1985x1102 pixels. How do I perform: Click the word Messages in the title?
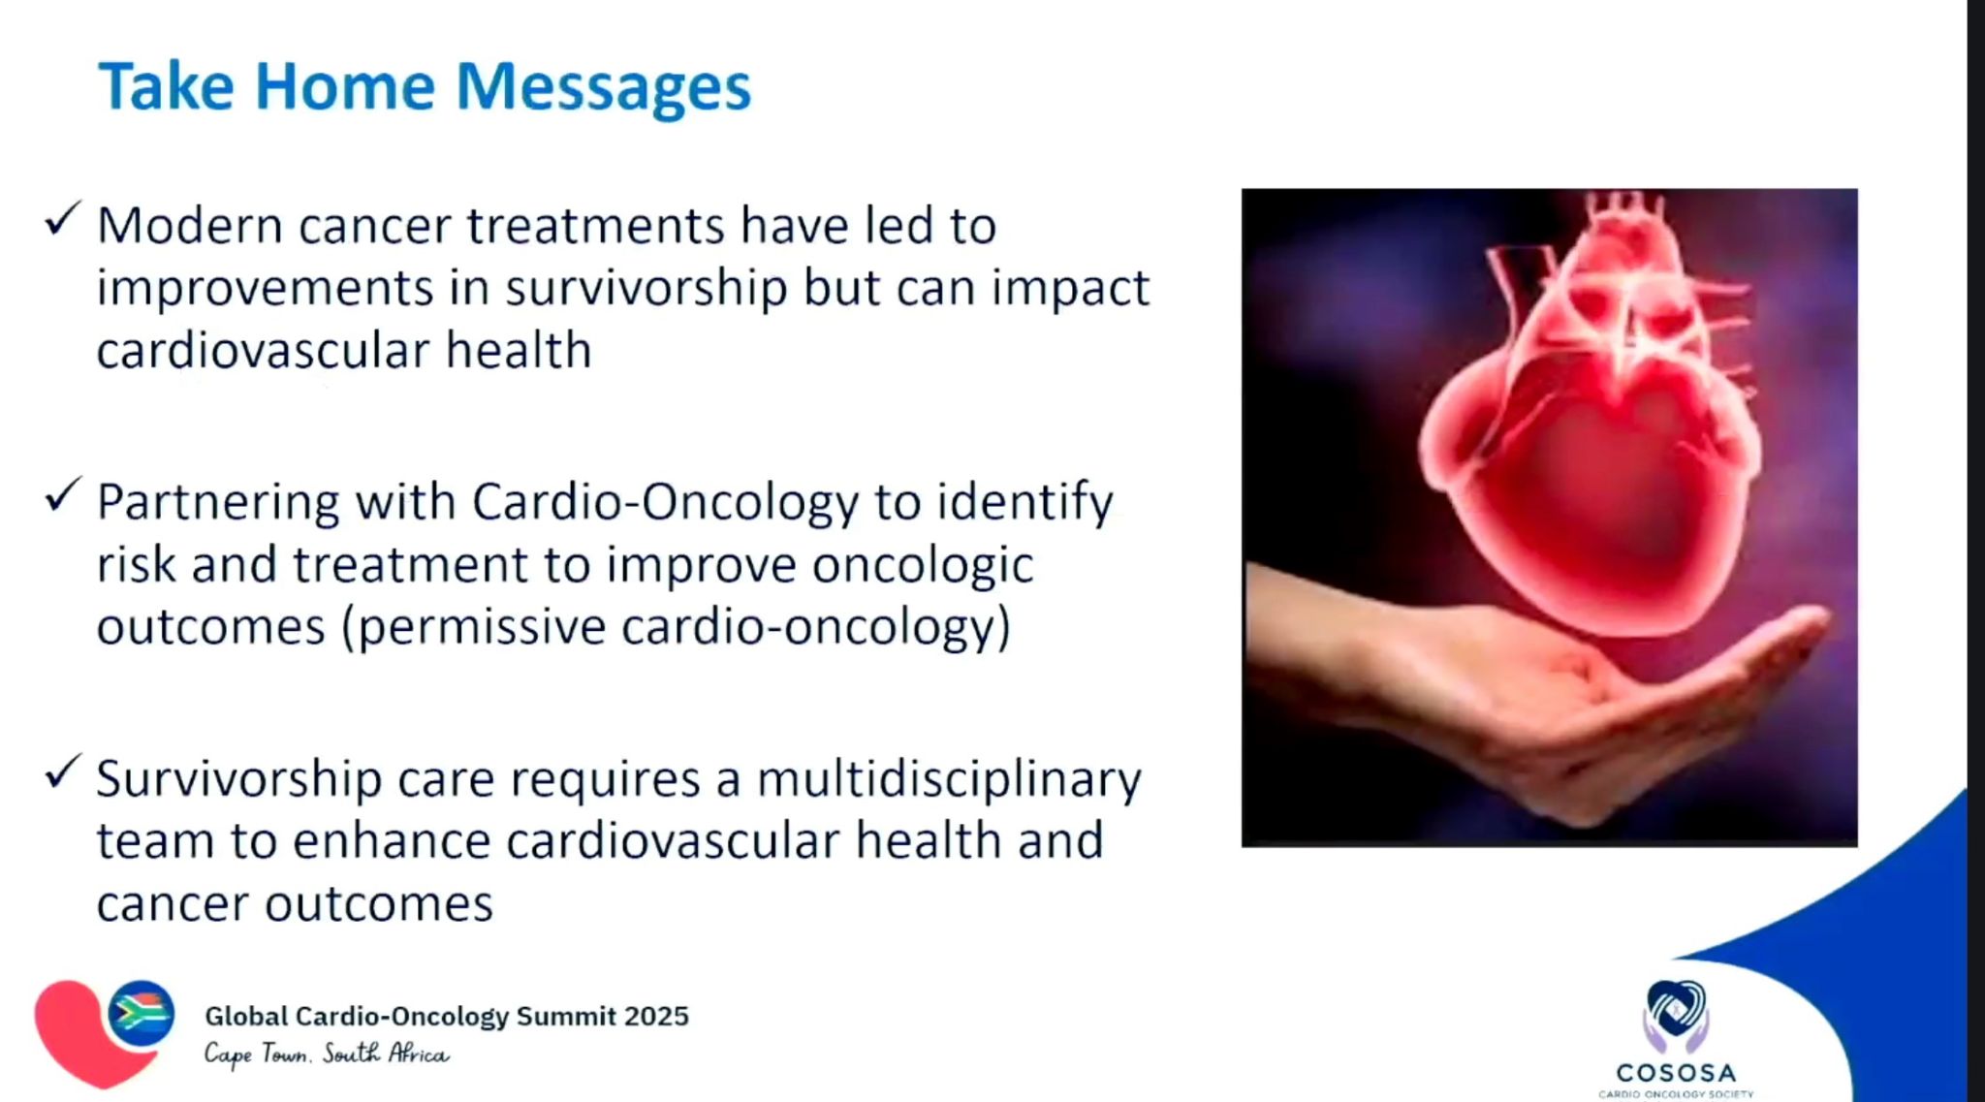603,88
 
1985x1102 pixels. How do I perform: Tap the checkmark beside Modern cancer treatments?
63,219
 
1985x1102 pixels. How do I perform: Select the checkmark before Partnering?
63,495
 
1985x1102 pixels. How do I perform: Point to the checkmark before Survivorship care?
63,772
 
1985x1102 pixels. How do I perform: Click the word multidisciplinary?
949,780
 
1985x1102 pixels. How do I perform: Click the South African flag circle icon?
142,1013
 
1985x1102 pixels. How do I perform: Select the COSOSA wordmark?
1676,1073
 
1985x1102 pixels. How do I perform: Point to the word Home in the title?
345,87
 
